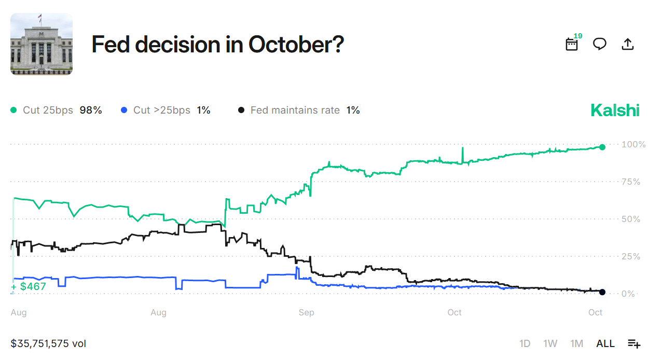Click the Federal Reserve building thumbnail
[42, 44]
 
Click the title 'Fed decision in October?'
[217, 45]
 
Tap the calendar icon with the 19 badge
[572, 44]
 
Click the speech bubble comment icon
[600, 44]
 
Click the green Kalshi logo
[615, 110]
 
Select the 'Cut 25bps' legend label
[49, 110]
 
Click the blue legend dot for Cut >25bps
[123, 110]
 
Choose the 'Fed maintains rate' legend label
[295, 110]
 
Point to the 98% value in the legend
[91, 110]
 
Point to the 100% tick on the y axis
[633, 144]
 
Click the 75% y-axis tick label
[631, 182]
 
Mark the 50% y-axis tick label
[631, 219]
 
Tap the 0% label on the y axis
[629, 294]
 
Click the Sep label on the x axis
[306, 312]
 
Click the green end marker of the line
[602, 147]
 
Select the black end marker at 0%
[602, 292]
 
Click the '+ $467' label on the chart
[29, 286]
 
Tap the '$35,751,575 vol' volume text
[48, 343]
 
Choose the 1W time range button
[550, 343]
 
